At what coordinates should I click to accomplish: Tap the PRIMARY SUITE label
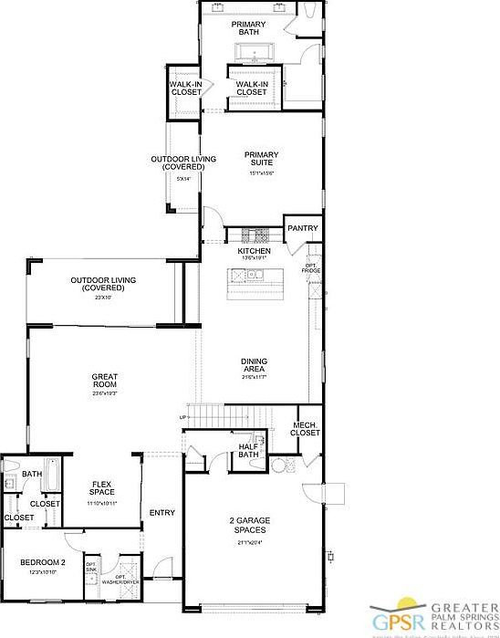click(x=261, y=160)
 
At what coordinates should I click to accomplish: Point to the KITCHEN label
click(x=255, y=251)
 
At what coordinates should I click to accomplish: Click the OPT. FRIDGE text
click(x=310, y=267)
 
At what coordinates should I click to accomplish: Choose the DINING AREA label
click(x=255, y=365)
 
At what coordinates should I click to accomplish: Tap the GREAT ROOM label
click(x=104, y=381)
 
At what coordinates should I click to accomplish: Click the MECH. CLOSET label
click(x=306, y=429)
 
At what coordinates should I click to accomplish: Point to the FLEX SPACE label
click(x=101, y=490)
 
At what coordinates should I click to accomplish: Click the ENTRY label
click(x=162, y=513)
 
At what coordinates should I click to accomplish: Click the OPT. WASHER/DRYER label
click(x=118, y=579)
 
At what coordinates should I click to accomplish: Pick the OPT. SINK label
click(x=91, y=568)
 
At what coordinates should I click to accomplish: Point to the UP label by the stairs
click(x=183, y=417)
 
